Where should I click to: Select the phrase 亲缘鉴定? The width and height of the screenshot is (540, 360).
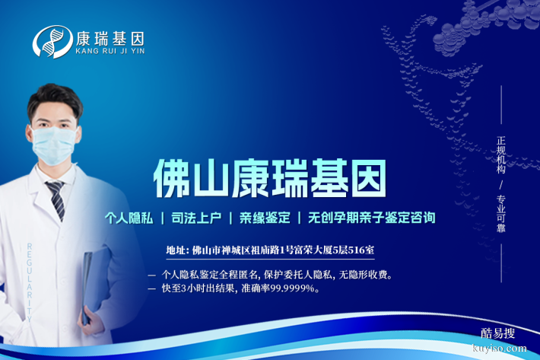pyautogui.click(x=265, y=218)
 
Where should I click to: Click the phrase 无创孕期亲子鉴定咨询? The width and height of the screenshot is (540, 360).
pyautogui.click(x=372, y=218)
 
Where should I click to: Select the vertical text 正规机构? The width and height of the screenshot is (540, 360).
pyautogui.click(x=501, y=156)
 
